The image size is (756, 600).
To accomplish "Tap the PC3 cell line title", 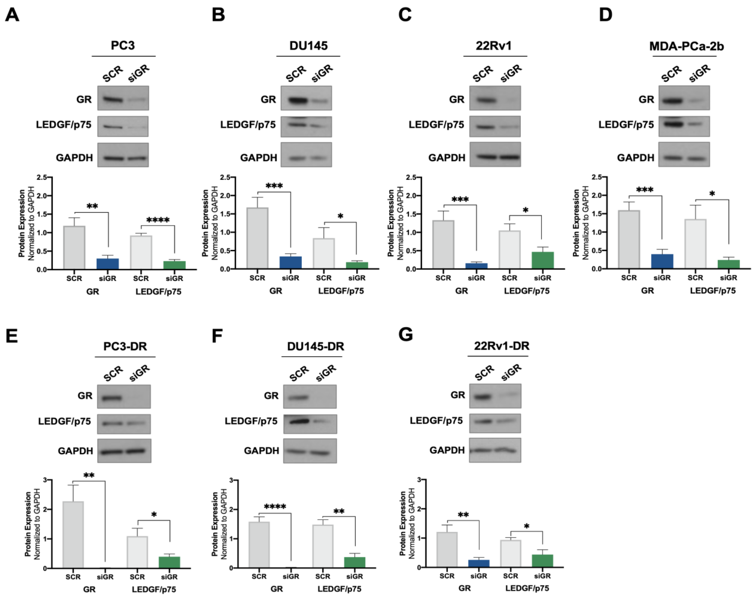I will pos(123,46).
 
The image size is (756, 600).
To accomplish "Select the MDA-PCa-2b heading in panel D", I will pos(686,46).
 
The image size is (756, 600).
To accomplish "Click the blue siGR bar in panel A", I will pos(108,264).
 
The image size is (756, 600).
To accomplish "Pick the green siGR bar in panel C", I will pos(542,260).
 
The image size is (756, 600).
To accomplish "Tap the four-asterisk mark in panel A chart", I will pos(158,220).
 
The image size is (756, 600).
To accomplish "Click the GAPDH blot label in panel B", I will pos(258,158).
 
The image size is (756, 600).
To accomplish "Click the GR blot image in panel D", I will pos(684,98).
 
